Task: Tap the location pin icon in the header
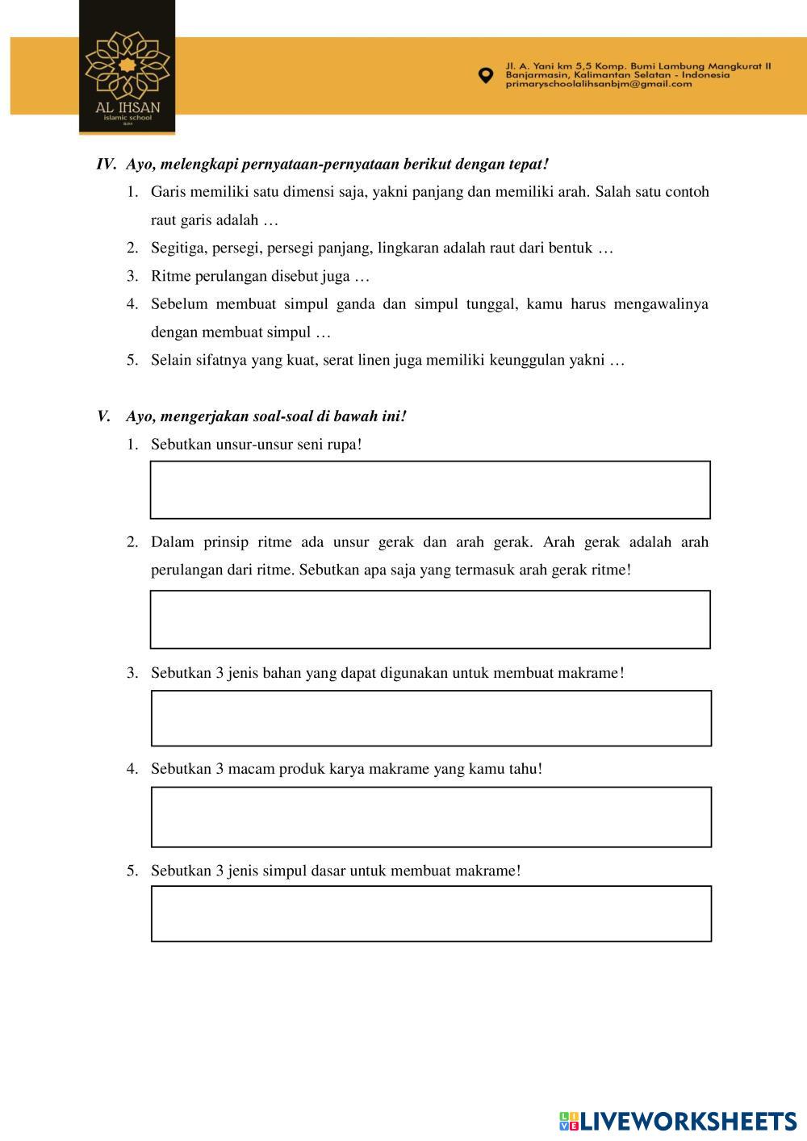(x=485, y=75)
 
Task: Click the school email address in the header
(x=599, y=84)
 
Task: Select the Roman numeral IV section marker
(x=107, y=164)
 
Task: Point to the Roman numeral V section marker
(x=103, y=416)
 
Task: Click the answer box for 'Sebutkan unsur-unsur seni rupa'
(x=430, y=490)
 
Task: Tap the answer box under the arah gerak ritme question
(x=430, y=619)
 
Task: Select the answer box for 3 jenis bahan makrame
(x=431, y=718)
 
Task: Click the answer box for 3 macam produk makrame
(x=431, y=817)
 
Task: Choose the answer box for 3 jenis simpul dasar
(x=431, y=913)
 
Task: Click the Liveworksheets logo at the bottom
(x=678, y=1121)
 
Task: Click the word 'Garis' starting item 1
(x=167, y=192)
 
